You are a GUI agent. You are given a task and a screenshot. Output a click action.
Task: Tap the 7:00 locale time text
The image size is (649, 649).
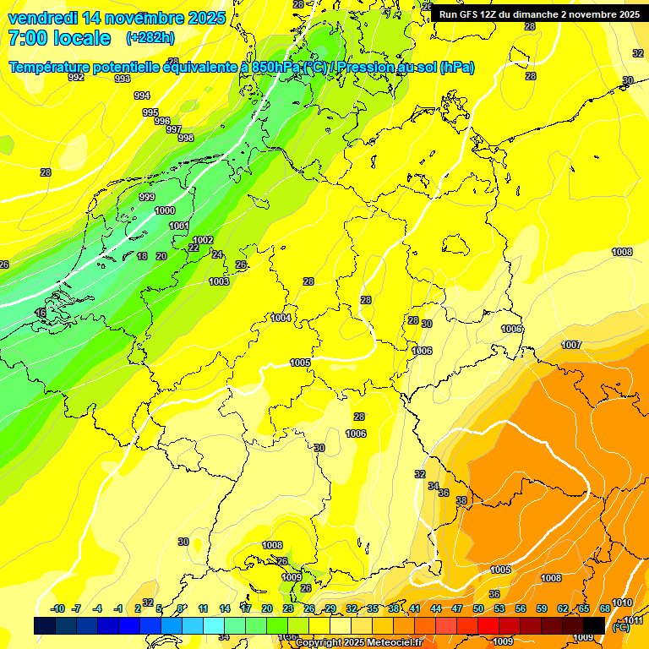(59, 38)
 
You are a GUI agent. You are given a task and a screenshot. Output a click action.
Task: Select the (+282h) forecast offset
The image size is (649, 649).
(150, 38)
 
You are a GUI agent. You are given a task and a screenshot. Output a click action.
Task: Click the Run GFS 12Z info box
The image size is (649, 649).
(539, 14)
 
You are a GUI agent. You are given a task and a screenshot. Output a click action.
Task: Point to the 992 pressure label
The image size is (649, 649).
(76, 77)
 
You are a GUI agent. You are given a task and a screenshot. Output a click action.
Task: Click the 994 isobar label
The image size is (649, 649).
(142, 95)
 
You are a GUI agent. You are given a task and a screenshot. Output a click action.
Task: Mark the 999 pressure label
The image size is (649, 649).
(146, 197)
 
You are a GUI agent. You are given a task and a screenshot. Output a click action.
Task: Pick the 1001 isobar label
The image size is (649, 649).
(179, 226)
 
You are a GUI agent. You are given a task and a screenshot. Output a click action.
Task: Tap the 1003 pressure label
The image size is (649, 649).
(219, 281)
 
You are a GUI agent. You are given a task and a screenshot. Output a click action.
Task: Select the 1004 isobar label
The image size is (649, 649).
(281, 318)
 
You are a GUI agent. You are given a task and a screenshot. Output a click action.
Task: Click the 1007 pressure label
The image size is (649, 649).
(571, 345)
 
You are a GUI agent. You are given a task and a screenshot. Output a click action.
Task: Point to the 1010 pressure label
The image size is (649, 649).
(621, 603)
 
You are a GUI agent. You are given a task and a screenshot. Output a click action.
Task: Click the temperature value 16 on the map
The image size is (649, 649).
(41, 313)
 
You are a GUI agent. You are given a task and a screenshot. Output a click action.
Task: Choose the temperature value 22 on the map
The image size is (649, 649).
(194, 248)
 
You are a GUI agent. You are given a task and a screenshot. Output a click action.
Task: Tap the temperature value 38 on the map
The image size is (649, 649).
(461, 501)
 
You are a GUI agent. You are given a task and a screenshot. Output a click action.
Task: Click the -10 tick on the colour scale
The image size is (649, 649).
(57, 608)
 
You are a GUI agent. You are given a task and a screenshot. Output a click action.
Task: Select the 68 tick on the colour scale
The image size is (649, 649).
(605, 608)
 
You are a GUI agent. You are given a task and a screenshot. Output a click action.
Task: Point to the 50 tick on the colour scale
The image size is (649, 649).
(478, 608)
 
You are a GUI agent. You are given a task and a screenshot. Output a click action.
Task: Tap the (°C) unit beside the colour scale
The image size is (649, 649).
(621, 628)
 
